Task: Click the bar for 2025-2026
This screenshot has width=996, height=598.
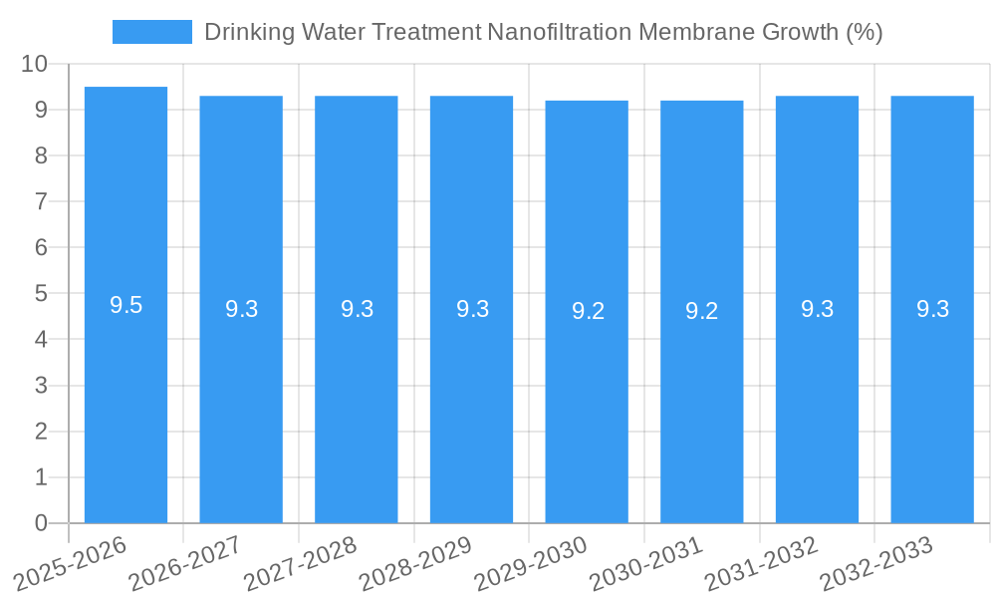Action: point(125,399)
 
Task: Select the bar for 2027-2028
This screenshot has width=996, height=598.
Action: point(357,399)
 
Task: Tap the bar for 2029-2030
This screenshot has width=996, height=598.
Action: point(587,399)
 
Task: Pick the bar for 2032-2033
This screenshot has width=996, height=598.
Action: point(932,399)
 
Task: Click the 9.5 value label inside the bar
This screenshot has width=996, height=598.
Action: point(125,306)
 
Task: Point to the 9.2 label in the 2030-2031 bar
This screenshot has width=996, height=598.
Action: point(701,311)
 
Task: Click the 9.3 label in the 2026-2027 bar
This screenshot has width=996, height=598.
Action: point(241,309)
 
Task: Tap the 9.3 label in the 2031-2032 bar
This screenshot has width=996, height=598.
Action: point(817,309)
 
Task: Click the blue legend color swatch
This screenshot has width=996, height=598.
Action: point(151,32)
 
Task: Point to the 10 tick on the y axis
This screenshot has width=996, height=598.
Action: point(35,64)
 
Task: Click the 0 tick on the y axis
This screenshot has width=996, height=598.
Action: point(41,523)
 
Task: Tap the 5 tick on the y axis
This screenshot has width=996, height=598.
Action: point(41,294)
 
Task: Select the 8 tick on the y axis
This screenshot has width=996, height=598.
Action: point(41,155)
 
